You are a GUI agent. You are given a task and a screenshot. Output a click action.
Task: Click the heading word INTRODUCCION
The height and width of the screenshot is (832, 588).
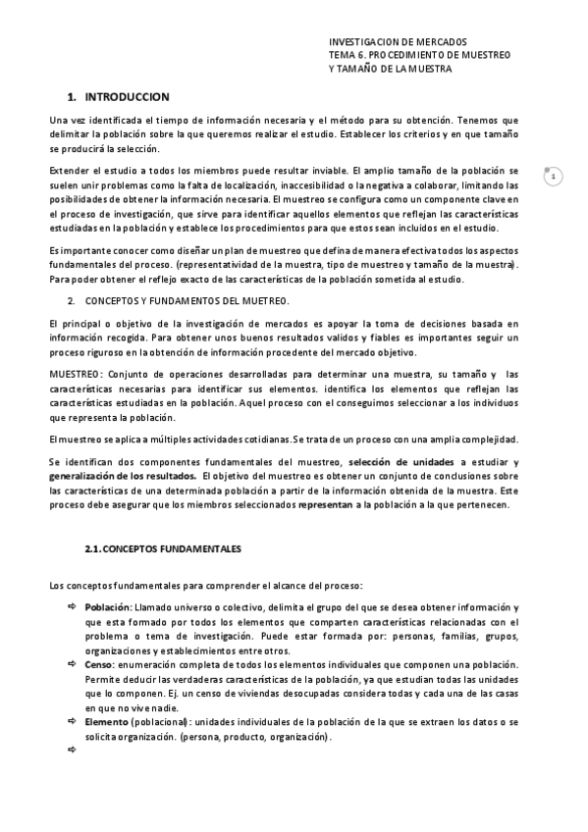128,97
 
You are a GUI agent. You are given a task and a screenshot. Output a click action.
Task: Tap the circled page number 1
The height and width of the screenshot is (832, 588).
554,177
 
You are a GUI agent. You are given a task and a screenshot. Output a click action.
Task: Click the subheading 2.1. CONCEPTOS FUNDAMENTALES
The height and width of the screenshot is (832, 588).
163,546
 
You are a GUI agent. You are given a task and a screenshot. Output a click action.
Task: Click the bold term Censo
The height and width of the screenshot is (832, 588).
98,664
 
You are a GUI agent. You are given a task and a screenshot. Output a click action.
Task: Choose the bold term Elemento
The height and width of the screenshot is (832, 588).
106,721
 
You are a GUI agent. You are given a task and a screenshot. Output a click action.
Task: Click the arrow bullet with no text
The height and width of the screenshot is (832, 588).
72,750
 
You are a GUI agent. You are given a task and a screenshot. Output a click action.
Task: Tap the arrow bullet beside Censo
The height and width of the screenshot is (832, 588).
72,664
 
